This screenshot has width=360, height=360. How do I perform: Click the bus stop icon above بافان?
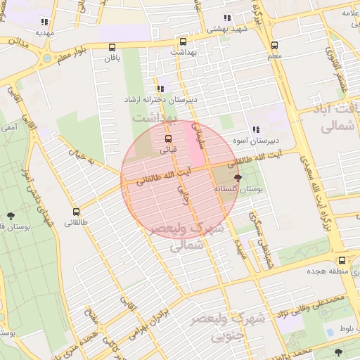click(x=112, y=47)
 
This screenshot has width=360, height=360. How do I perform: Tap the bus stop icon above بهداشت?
click(x=184, y=41)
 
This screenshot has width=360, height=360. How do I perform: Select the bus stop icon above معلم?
click(x=274, y=45)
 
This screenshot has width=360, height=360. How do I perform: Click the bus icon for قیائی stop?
click(x=167, y=138)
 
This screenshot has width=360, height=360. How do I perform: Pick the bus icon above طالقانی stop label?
click(x=76, y=212)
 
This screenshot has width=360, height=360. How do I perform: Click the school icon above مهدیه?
click(x=46, y=20)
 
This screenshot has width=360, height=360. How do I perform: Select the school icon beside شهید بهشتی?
click(x=227, y=18)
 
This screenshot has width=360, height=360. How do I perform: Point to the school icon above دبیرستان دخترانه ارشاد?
click(x=161, y=89)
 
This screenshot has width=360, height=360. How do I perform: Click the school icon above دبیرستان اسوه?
click(x=255, y=129)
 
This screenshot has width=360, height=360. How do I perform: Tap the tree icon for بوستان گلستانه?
click(x=238, y=178)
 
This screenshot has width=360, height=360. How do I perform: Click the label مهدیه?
click(x=45, y=32)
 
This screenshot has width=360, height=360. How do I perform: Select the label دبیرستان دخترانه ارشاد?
click(x=161, y=101)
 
